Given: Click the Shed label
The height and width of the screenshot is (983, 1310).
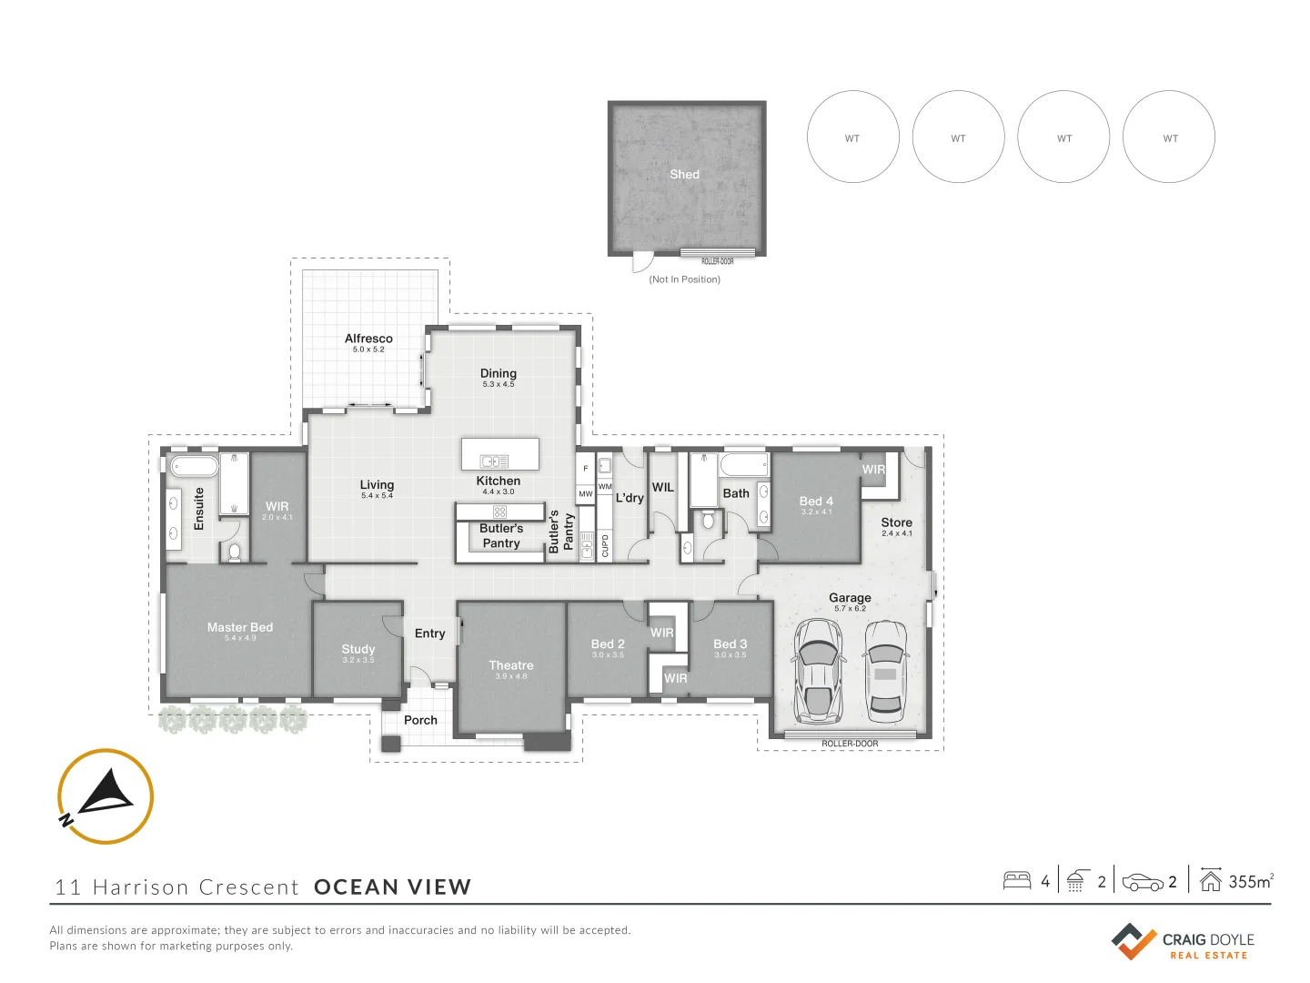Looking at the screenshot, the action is (684, 174).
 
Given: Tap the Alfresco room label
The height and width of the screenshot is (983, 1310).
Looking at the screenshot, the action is (368, 339).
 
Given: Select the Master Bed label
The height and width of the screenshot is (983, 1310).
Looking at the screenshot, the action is (240, 627).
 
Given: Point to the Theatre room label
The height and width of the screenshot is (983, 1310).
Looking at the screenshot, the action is (511, 664).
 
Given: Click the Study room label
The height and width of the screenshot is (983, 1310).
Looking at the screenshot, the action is (358, 649).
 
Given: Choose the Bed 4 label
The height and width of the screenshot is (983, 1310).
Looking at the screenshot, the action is (816, 502).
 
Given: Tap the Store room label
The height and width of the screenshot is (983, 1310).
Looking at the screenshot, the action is (896, 522).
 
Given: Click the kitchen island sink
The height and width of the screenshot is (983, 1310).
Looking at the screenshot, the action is (494, 461).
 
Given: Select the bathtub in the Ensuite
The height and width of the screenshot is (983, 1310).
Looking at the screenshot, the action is (195, 466).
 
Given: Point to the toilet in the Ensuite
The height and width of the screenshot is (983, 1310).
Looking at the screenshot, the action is (235, 552).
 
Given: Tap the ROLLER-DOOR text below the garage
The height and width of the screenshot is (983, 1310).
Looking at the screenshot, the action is (850, 744).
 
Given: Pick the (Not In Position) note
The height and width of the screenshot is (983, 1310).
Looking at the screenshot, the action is (684, 279).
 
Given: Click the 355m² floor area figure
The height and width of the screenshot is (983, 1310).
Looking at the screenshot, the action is (1251, 882).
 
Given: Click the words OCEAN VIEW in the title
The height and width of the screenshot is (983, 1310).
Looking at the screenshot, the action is (393, 887).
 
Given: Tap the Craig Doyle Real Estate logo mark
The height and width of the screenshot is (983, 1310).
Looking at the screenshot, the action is (1134, 941).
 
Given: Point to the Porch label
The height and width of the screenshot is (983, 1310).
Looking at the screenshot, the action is (420, 720).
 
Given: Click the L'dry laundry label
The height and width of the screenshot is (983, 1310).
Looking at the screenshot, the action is (630, 498).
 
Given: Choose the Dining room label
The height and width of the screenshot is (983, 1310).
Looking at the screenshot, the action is (499, 373).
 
